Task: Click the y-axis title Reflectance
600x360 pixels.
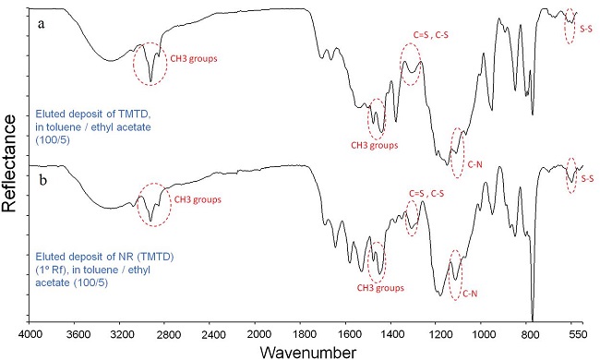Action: pos(10,167)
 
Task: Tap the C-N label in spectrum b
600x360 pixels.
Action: pos(470,294)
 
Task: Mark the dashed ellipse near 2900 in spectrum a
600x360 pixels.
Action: pos(149,65)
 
